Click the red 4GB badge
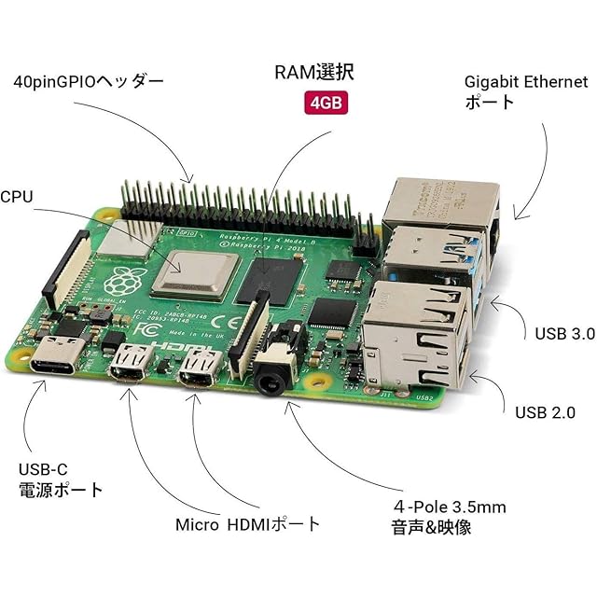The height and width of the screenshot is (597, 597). [326, 102]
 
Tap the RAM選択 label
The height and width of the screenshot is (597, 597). [314, 72]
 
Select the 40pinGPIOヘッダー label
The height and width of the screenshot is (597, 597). [89, 81]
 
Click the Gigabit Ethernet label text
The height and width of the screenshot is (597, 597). [526, 90]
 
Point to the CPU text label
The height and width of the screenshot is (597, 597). [17, 197]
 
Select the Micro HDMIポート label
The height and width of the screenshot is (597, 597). [247, 524]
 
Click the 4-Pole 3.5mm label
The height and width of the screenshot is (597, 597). [449, 517]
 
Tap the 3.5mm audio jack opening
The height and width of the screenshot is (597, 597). [271, 382]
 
